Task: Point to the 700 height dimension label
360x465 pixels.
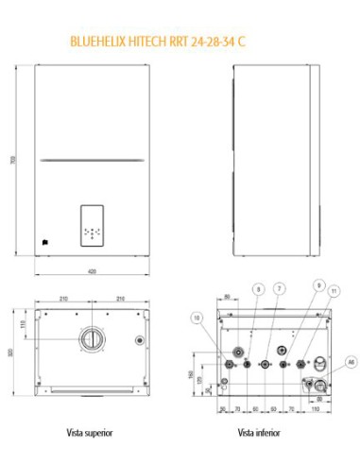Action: pyautogui.click(x=12, y=161)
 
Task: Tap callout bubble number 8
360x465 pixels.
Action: pyautogui.click(x=256, y=286)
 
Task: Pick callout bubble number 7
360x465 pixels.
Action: pyautogui.click(x=279, y=286)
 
